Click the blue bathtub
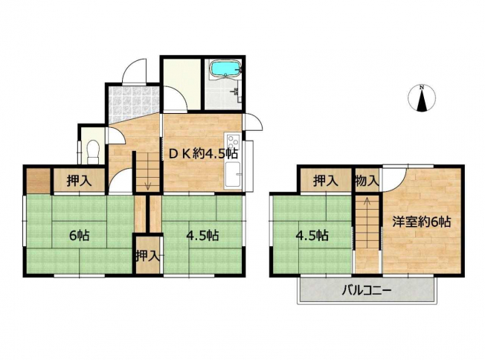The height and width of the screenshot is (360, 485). [x=225, y=68]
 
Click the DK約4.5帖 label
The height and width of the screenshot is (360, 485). [x=203, y=153]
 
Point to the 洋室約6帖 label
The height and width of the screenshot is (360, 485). [x=421, y=222]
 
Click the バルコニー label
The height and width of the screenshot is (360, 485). [x=367, y=291]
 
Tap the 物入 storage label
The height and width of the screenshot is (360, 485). [x=367, y=181]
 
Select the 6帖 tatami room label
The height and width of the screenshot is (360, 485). [x=80, y=236]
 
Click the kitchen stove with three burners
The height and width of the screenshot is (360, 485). [x=233, y=142]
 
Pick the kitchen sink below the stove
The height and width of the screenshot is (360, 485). [x=233, y=175]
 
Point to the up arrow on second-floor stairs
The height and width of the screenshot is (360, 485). [x=367, y=202]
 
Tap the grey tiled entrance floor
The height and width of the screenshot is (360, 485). [x=134, y=103]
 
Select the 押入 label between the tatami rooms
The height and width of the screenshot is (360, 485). [x=148, y=256]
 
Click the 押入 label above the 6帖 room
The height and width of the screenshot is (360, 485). [x=80, y=181]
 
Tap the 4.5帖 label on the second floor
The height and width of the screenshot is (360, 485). [x=312, y=236]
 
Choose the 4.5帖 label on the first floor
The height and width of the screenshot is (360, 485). [x=202, y=236]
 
